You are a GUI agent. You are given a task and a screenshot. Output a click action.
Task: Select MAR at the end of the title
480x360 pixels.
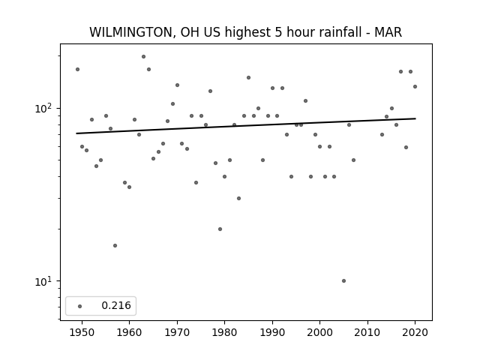coord(388,32)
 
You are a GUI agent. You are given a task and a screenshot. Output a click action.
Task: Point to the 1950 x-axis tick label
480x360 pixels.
coord(82,332)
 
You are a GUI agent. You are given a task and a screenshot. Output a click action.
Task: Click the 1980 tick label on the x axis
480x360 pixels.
coord(224,332)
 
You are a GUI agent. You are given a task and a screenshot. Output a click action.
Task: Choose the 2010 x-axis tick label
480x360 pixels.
coord(367,332)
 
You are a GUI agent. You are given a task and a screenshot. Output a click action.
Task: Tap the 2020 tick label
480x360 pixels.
coord(415,332)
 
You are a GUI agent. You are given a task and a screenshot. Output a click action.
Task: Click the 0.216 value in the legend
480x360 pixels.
coord(116,305)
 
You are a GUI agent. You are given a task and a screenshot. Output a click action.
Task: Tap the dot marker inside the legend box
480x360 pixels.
coord(80,306)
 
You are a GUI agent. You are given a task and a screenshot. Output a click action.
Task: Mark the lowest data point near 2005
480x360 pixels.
coord(343,280)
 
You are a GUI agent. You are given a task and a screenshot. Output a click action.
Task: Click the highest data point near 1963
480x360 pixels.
coord(143,57)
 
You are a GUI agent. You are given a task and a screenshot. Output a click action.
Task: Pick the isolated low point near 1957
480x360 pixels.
coord(115,245)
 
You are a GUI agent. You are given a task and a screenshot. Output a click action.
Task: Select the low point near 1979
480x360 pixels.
coord(220,229)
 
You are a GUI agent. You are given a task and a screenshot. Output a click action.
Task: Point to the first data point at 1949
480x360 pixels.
coord(77,70)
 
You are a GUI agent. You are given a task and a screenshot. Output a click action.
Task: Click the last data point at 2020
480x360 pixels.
coord(415,87)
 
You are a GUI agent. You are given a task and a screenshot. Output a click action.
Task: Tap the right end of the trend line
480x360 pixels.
coord(415,118)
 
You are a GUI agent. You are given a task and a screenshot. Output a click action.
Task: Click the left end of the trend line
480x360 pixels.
coord(76,133)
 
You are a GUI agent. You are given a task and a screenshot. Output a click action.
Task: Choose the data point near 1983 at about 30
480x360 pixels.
coord(238,198)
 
